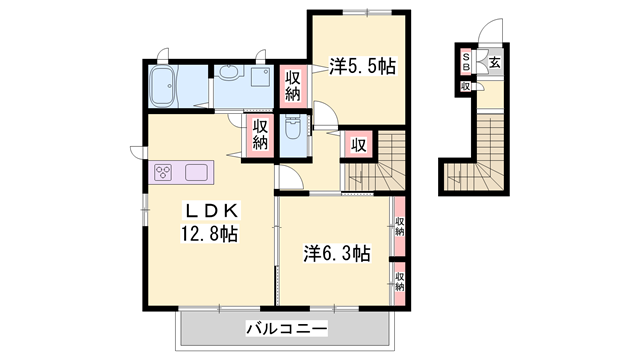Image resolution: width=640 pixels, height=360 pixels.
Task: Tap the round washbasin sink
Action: (229, 72)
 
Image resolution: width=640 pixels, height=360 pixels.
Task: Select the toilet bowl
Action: (293, 131)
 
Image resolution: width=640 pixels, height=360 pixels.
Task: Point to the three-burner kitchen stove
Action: (164, 172)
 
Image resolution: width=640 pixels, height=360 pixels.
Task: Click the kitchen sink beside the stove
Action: (196, 172)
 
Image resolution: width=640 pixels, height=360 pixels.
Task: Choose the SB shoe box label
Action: (466, 62)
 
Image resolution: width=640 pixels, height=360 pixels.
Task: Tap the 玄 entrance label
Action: (496, 63)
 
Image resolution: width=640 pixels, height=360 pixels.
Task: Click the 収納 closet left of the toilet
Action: (260, 135)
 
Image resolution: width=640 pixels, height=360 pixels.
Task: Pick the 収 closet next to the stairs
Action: (358, 144)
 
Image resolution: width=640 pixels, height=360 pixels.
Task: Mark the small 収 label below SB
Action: (466, 87)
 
